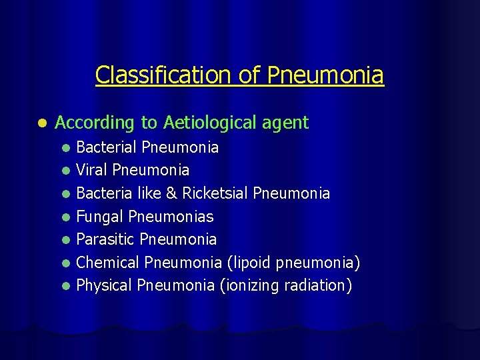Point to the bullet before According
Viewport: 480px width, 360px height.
click(42, 123)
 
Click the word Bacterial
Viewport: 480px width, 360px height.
click(107, 147)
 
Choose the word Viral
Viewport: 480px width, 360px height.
click(92, 170)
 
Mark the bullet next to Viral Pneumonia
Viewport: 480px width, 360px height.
click(66, 171)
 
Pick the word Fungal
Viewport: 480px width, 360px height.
click(100, 216)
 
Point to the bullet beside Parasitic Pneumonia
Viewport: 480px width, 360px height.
click(66, 239)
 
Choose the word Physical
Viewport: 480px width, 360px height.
click(105, 285)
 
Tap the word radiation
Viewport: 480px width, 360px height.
click(318, 285)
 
